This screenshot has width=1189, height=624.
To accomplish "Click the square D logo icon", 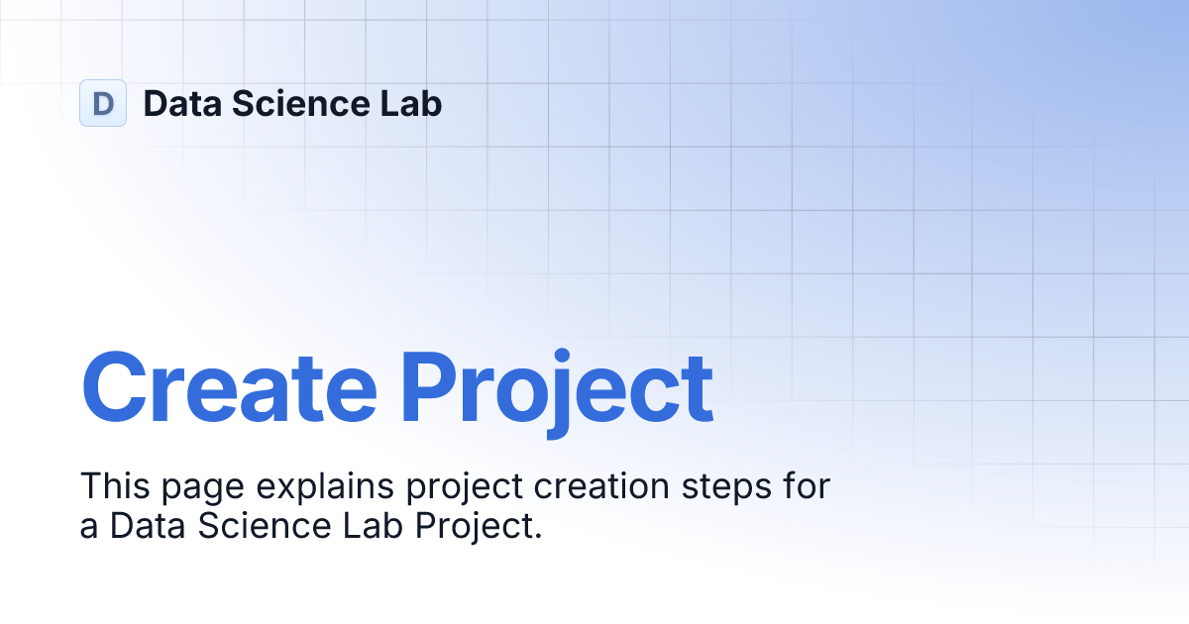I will tap(103, 103).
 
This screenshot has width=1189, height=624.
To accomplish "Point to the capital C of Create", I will tap(115, 386).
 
